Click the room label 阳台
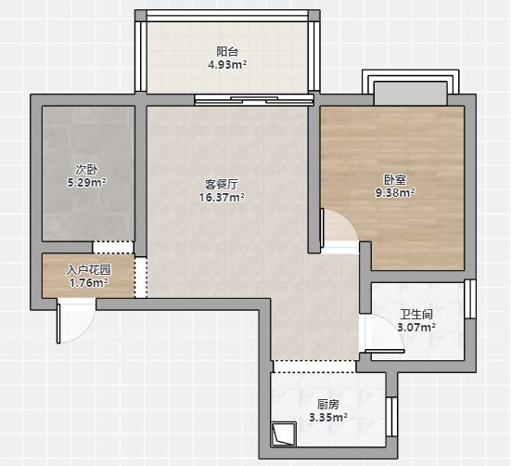click(227, 52)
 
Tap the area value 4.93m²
click(227, 65)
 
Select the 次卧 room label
click(86, 170)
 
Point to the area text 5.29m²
click(86, 182)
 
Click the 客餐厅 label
click(222, 184)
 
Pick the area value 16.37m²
click(222, 198)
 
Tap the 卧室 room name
click(395, 180)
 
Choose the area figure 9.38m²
click(395, 193)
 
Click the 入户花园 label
click(89, 270)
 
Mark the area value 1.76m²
click(89, 283)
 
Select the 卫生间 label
click(416, 315)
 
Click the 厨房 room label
click(328, 405)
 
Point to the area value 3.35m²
click(328, 417)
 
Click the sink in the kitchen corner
click(284, 434)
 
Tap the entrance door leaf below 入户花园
click(58, 323)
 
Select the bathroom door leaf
click(385, 351)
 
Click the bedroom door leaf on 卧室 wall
click(322, 227)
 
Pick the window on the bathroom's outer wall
click(470, 299)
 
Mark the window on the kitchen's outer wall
click(392, 417)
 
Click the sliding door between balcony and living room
click(254, 99)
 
